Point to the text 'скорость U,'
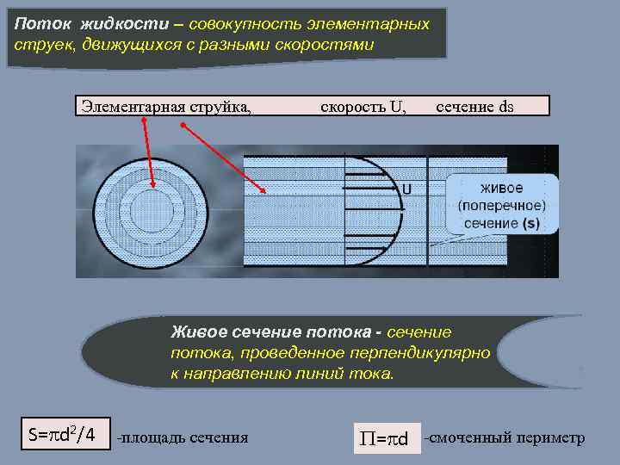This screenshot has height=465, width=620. (x=363, y=107)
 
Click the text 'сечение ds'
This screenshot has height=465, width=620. (x=474, y=107)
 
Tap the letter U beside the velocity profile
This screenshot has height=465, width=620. (x=406, y=189)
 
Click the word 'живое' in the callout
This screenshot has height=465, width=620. (x=501, y=188)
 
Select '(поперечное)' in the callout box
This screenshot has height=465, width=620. (x=501, y=206)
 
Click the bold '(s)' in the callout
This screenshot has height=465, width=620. (x=531, y=223)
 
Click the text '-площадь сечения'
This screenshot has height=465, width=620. (x=183, y=438)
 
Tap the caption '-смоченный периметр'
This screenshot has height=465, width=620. (x=505, y=438)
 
